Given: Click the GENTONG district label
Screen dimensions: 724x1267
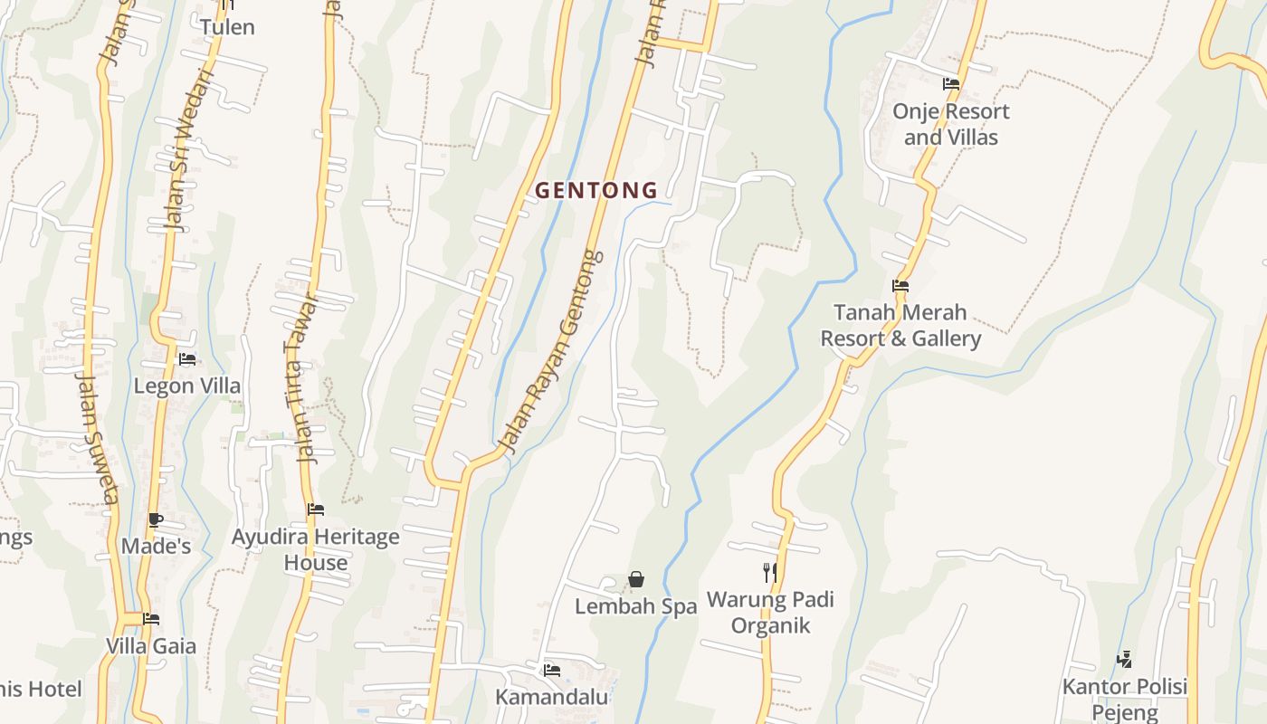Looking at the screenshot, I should pos(596,191).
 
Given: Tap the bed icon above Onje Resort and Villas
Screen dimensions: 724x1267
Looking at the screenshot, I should pos(951,84).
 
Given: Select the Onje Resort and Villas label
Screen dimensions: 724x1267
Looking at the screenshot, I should pos(951,124).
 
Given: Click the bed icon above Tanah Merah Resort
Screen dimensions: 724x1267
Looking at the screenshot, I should pos(900,286).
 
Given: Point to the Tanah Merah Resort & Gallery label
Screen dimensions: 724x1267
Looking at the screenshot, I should pos(900,326).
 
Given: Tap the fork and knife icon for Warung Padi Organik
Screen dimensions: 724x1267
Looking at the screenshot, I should pos(770,572).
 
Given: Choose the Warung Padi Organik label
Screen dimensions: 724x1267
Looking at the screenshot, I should pos(770,613).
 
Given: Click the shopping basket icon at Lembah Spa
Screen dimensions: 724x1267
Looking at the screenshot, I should pos(636,579).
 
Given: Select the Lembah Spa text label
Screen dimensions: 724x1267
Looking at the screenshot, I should pos(636,606).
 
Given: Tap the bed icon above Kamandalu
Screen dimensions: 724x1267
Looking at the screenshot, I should pos(552,671).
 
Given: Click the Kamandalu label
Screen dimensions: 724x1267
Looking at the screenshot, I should pos(552,697).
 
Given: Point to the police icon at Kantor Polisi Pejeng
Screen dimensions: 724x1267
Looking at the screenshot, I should pos(1125,659).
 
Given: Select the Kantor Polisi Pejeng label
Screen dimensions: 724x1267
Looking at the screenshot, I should pos(1125,700).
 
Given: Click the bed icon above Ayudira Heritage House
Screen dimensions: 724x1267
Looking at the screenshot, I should pos(316,510).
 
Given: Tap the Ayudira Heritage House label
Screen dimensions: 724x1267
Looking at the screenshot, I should pos(316,549).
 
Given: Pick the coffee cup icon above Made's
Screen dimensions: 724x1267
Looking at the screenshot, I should pos(156,519).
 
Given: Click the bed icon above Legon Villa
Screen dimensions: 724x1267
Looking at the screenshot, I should pos(187,359).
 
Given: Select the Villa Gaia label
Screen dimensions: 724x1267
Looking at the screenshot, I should pos(151,646).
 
